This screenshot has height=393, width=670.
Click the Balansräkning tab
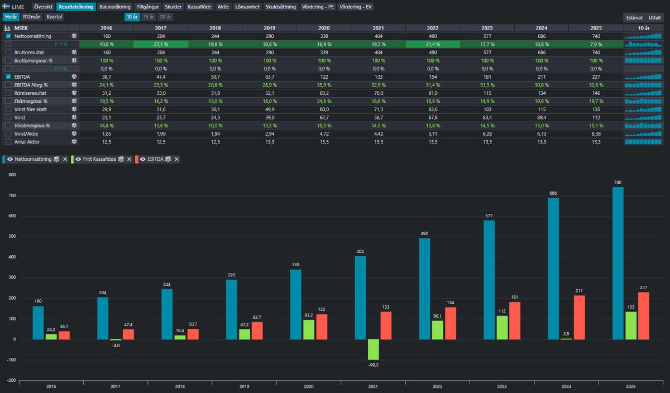point(115,7)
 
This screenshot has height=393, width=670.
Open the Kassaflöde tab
point(199,7)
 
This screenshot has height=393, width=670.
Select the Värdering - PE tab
point(317,7)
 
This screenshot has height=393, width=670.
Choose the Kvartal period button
point(55,17)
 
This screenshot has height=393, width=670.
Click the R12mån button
point(32,17)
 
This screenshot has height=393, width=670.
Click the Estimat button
point(634,17)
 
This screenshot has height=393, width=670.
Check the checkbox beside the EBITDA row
point(8,76)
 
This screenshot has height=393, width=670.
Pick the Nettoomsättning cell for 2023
point(486,36)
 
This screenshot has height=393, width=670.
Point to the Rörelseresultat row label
point(30,92)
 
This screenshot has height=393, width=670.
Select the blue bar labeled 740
point(618,263)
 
